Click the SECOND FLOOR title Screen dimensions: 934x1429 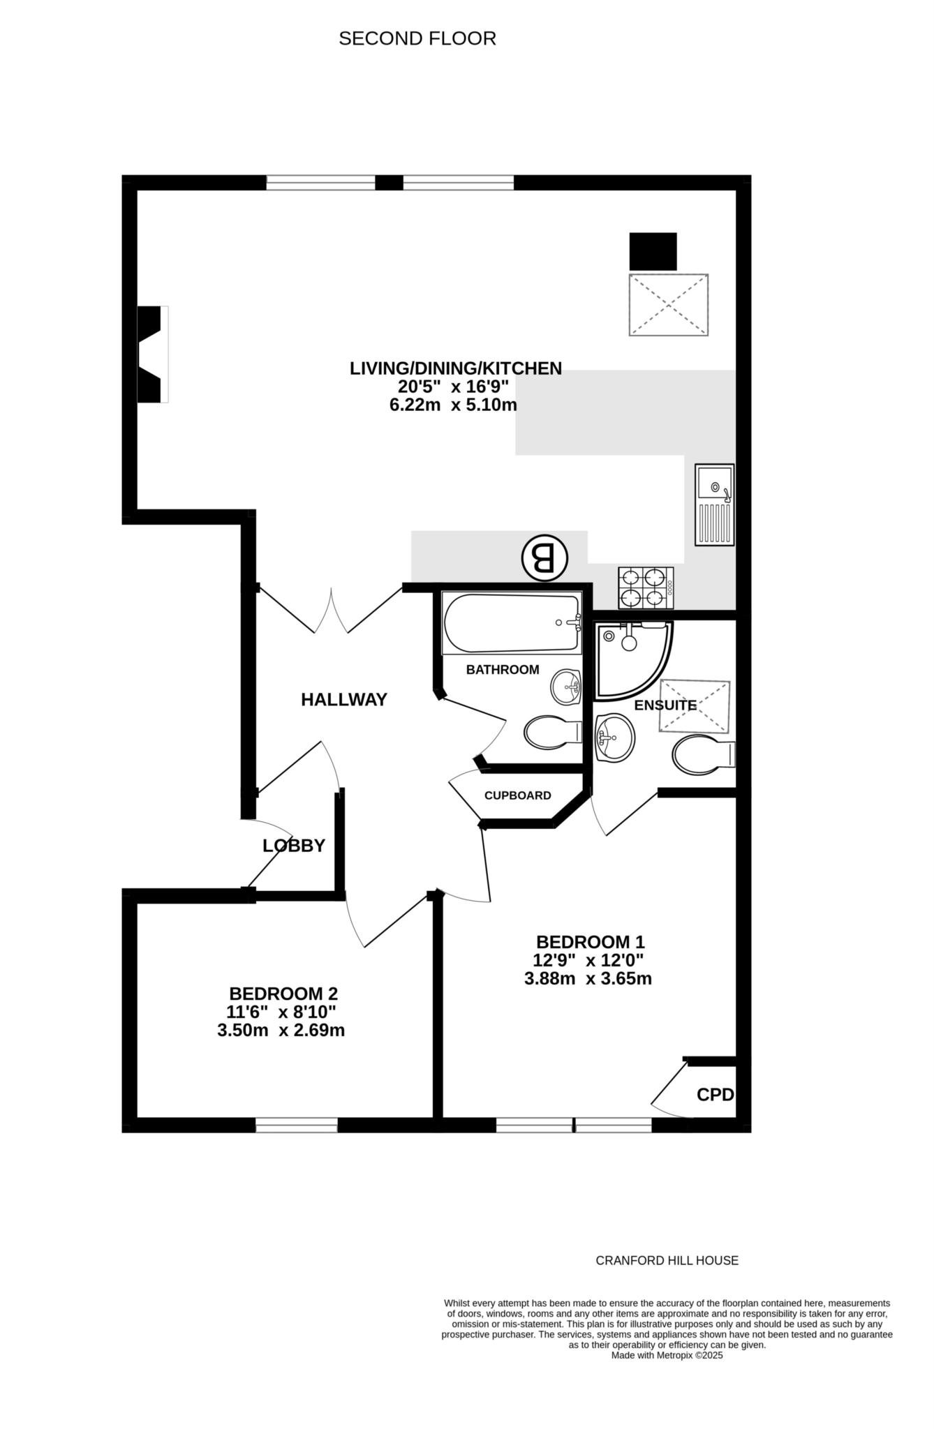417,38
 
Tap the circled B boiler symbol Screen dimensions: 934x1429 544,558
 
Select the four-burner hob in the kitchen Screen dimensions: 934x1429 646,588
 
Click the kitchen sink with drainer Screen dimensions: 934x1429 715,504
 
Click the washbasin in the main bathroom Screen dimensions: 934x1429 566,688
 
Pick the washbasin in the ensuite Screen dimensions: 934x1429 615,738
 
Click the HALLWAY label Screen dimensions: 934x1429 344,699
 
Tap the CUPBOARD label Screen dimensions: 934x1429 518,795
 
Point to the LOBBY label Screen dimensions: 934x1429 294,846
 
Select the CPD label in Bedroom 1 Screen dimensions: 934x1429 716,1095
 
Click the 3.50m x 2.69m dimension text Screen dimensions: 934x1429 281,1030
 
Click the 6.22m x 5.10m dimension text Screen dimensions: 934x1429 453,405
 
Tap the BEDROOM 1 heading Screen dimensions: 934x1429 591,941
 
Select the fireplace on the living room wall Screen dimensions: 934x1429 153,354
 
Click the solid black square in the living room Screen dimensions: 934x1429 653,251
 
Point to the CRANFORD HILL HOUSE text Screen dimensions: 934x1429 667,1260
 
